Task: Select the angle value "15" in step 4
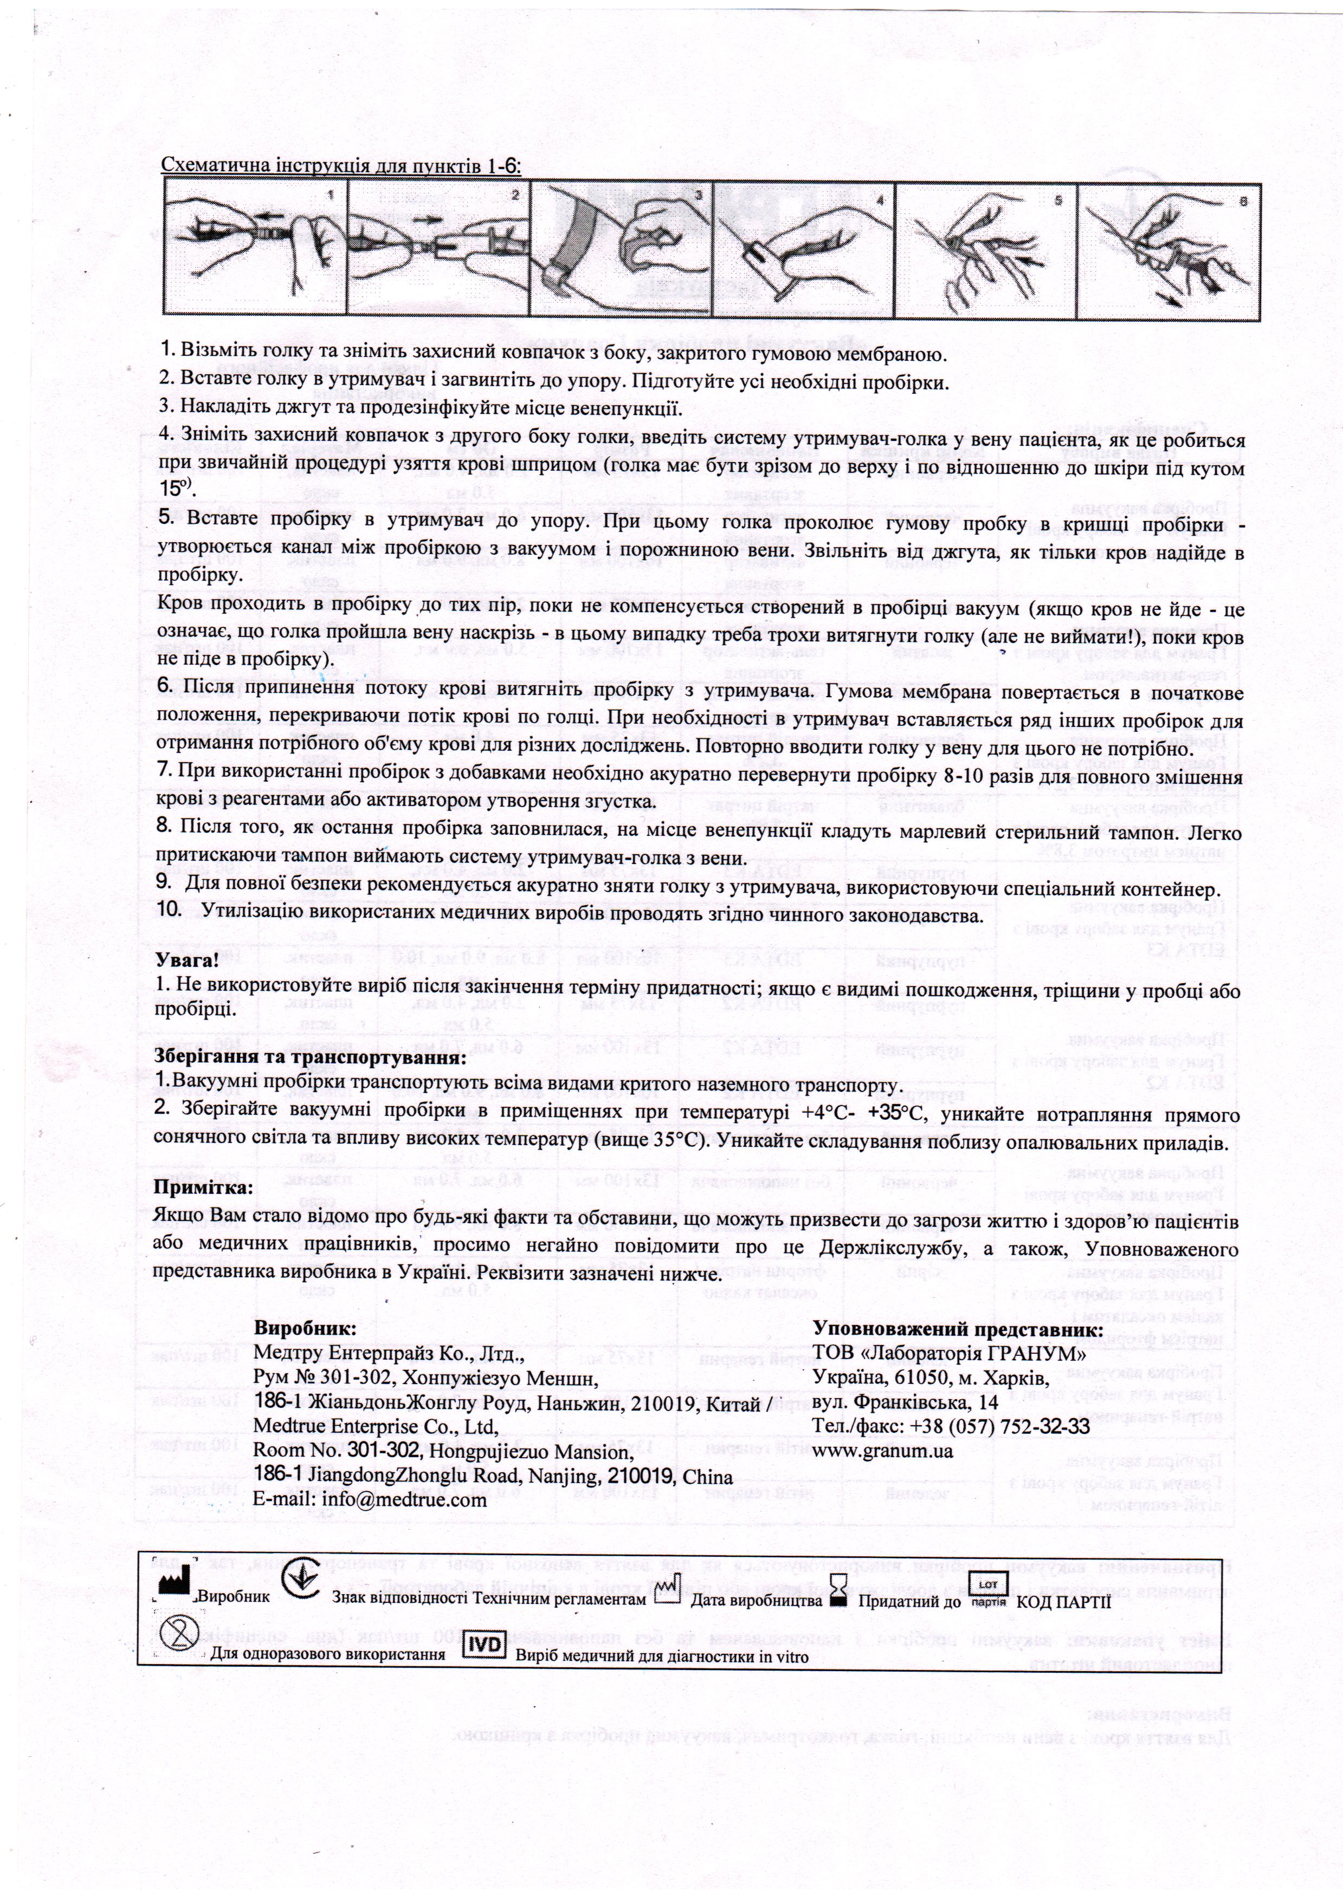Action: click(x=169, y=489)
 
